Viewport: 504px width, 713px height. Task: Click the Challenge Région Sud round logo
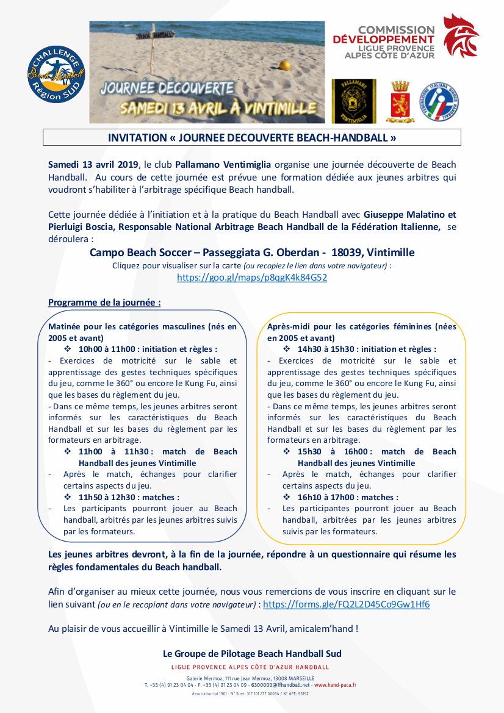pos(56,74)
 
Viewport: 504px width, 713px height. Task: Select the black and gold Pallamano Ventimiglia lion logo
pos(353,101)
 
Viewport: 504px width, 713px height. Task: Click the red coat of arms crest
pos(400,101)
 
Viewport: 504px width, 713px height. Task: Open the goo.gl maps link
pos(251,277)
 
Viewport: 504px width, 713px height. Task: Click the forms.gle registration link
pos(346,604)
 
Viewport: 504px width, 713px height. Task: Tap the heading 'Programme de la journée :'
pos(104,303)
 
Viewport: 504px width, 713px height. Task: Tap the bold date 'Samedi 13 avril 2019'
pos(93,165)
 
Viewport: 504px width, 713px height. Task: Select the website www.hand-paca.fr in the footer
pos(335,685)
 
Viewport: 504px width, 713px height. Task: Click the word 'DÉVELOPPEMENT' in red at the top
pos(384,40)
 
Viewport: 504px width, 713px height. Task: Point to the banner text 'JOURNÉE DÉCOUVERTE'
pos(168,87)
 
